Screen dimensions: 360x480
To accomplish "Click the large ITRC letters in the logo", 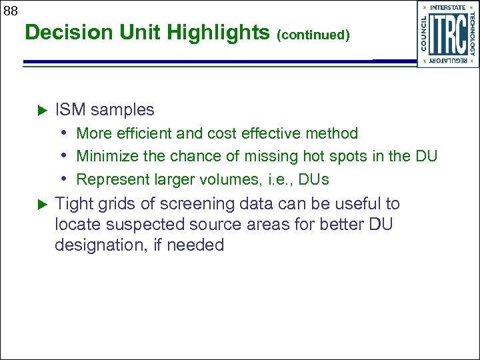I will coord(447,35).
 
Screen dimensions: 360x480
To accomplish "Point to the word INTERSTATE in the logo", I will coord(448,7).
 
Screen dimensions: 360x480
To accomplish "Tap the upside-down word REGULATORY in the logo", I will coord(448,61).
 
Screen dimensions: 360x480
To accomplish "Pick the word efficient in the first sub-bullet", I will coord(141,133).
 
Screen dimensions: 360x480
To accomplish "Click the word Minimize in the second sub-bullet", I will coord(105,157).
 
